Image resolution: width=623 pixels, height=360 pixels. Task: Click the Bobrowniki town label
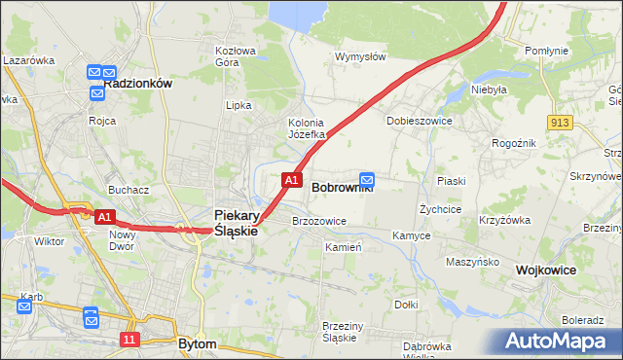(x=342, y=188)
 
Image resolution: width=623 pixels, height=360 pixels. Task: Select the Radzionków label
(x=137, y=84)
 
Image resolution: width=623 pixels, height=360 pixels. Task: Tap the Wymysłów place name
(x=360, y=56)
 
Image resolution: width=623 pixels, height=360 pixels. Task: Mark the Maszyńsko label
(x=472, y=262)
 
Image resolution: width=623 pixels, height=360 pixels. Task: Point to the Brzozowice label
(x=319, y=221)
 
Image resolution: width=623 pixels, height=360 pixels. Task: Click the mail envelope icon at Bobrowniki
(x=367, y=179)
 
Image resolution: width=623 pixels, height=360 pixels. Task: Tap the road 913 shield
(x=559, y=122)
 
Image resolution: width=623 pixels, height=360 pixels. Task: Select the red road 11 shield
(x=129, y=339)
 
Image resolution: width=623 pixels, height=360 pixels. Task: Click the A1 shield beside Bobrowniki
(x=290, y=180)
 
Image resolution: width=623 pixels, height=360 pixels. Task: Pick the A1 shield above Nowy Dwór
(x=106, y=216)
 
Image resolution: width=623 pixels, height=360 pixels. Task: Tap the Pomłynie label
(x=546, y=50)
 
